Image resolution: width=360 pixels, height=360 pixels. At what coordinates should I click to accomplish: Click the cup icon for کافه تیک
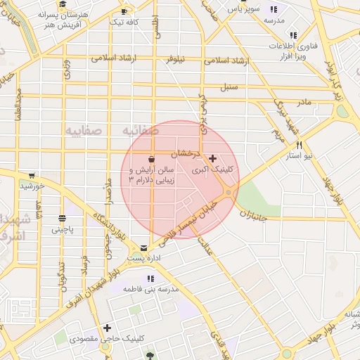(124, 11)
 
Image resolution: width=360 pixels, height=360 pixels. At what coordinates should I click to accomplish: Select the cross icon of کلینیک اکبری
(212, 158)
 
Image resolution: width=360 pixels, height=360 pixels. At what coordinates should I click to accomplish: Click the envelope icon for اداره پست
(143, 247)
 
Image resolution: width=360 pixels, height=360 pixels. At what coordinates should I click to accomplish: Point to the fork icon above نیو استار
(300, 143)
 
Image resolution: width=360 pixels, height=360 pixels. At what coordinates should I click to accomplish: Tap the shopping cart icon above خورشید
(31, 176)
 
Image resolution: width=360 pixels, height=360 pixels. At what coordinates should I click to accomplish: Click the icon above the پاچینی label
(62, 218)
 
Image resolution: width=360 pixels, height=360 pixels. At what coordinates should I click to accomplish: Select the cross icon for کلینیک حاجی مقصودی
(107, 328)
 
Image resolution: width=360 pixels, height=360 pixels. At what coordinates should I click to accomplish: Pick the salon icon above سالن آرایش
(151, 159)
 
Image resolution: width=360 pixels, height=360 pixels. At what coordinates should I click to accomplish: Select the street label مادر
(303, 103)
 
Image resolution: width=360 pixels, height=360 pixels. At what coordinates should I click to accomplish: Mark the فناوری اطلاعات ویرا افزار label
(291, 50)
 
